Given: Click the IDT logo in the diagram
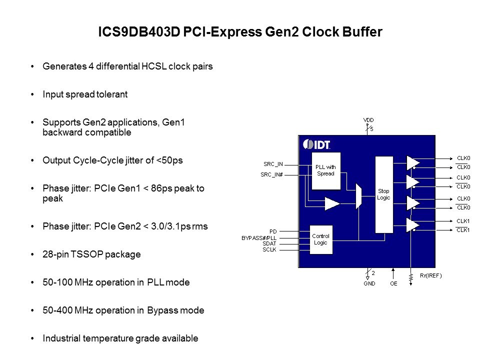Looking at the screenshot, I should pyautogui.click(x=317, y=144).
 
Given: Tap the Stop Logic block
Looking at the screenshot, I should pyautogui.click(x=383, y=194).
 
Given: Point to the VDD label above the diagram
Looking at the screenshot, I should pyautogui.click(x=368, y=119).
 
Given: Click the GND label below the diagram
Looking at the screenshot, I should pyautogui.click(x=369, y=283).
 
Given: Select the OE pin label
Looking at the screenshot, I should pyautogui.click(x=393, y=283).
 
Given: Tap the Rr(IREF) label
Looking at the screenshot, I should pyautogui.click(x=430, y=275).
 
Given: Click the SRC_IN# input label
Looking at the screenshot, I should pyautogui.click(x=272, y=174).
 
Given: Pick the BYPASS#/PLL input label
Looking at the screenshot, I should pyautogui.click(x=259, y=237).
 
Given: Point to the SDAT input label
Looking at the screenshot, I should pyautogui.click(x=269, y=243).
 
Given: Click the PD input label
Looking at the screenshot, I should pyautogui.click(x=273, y=231).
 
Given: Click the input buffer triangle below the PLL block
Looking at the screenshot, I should pyautogui.click(x=331, y=203).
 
